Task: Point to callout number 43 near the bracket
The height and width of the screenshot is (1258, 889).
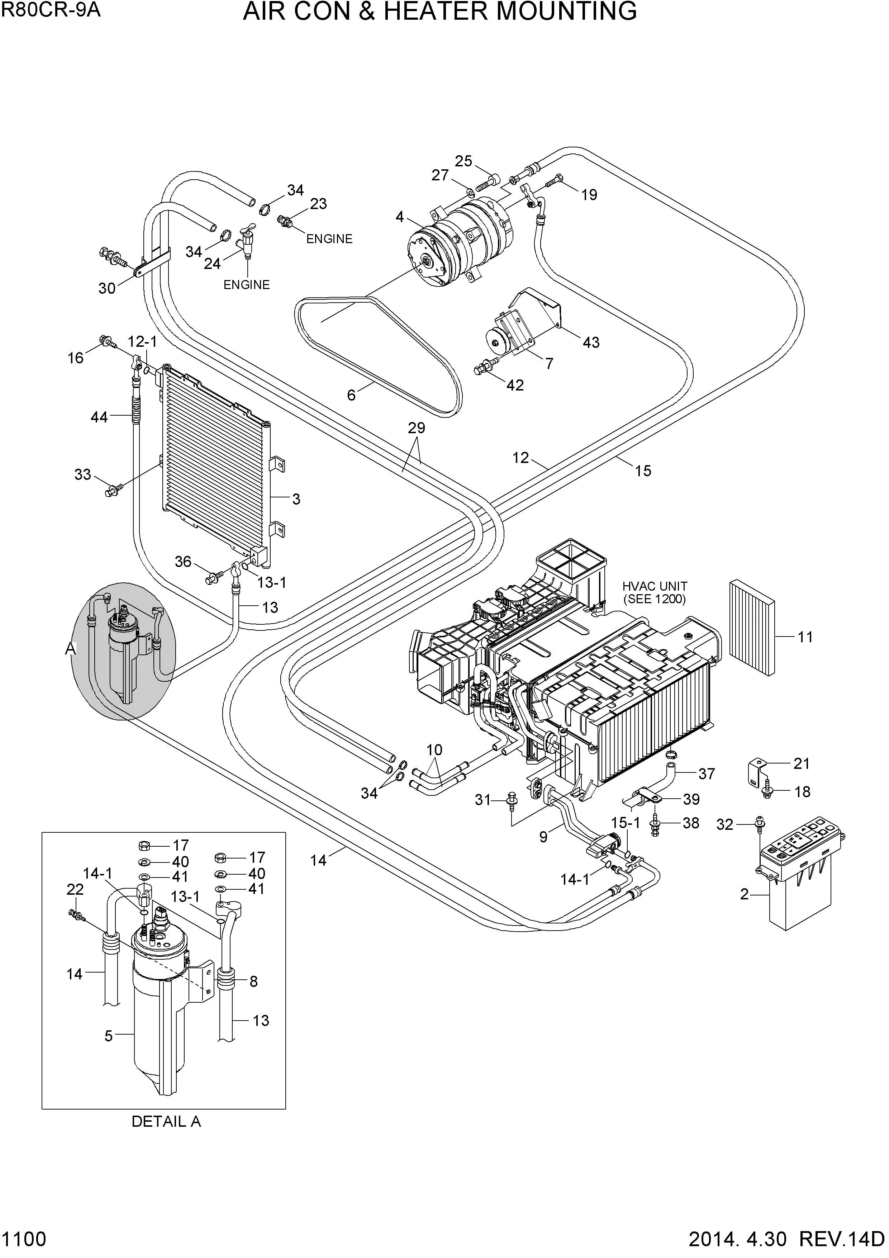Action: click(591, 342)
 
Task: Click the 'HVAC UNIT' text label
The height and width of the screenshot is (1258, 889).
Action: click(655, 587)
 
